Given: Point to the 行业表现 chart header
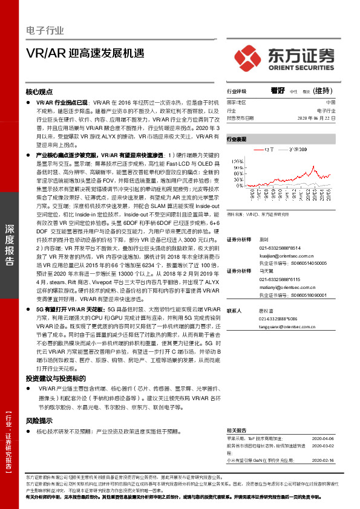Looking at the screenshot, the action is pos(237,139).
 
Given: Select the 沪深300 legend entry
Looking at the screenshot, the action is pos(299,149).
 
